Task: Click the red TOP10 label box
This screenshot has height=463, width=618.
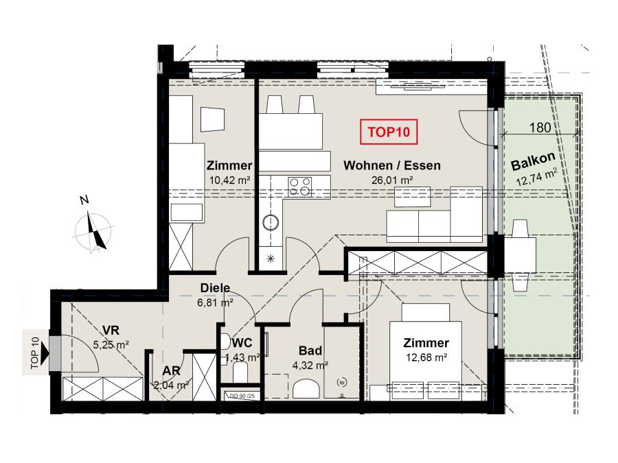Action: click(x=389, y=132)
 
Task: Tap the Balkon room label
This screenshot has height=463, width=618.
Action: click(x=533, y=161)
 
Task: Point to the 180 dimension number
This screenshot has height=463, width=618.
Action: click(x=540, y=128)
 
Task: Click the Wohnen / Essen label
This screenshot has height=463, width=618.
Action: click(x=392, y=165)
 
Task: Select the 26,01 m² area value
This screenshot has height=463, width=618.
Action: click(x=392, y=180)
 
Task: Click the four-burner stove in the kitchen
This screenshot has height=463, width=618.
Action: click(x=299, y=187)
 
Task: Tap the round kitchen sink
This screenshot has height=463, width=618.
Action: click(x=271, y=222)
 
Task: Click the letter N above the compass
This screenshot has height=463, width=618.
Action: click(x=84, y=200)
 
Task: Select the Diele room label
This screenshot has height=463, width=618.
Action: click(x=215, y=288)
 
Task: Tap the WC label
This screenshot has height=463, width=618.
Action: click(x=242, y=343)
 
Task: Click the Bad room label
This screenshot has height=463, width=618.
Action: click(x=310, y=351)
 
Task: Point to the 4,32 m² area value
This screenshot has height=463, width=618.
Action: click(x=310, y=366)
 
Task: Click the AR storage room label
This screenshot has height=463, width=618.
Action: click(x=171, y=371)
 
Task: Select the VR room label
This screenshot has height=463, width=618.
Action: click(x=111, y=330)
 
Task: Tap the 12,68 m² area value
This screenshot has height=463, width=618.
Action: click(x=426, y=358)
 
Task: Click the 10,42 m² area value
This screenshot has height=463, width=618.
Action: click(x=230, y=180)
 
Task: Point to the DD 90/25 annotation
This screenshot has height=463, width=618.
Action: click(x=242, y=396)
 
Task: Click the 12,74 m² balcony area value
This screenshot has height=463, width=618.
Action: click(x=537, y=177)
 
